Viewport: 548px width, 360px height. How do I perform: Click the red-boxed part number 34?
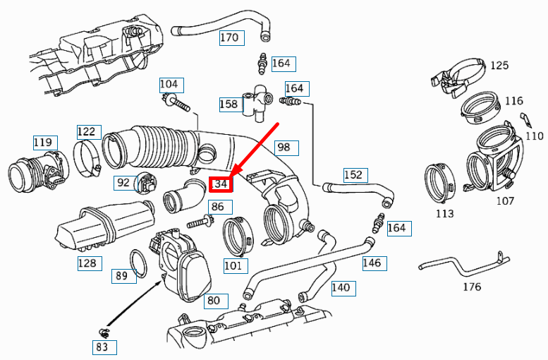[x=221, y=185]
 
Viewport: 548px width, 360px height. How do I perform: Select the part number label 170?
[x=229, y=37]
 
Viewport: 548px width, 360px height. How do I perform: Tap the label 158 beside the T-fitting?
[x=229, y=104]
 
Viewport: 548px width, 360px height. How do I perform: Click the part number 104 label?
[x=170, y=85]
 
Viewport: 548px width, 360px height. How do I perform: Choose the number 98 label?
[x=284, y=148]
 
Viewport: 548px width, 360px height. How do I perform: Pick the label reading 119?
[x=42, y=143]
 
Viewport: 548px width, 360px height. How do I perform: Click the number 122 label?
[x=86, y=132]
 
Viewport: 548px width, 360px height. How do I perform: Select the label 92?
[x=123, y=183]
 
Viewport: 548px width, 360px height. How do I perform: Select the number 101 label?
[x=233, y=266]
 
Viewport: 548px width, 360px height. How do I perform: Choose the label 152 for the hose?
[x=353, y=174]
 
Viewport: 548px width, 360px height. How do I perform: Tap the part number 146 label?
[x=372, y=263]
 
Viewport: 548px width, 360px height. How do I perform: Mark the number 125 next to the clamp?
[x=499, y=66]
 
